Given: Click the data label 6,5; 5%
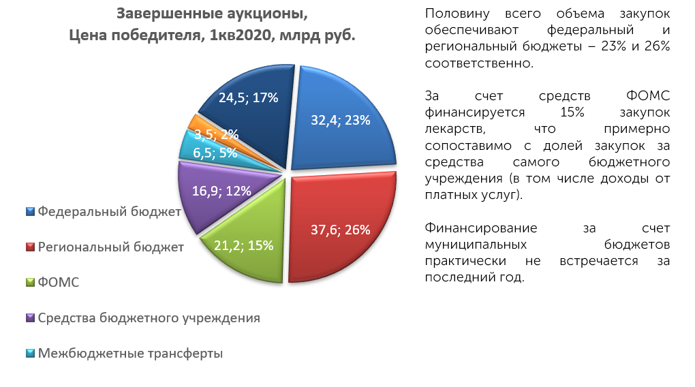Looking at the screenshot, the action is pyautogui.click(x=215, y=153).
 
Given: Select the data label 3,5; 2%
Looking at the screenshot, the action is pyautogui.click(x=216, y=134).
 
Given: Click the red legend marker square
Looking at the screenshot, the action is pyautogui.click(x=30, y=247).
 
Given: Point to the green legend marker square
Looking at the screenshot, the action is pyautogui.click(x=30, y=282).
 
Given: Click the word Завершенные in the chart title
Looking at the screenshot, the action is pyautogui.click(x=169, y=14).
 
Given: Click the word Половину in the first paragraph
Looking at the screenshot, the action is pyautogui.click(x=457, y=14).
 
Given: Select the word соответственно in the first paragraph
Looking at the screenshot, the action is pyautogui.click(x=479, y=63).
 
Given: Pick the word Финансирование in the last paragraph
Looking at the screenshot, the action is pyautogui.click(x=481, y=228).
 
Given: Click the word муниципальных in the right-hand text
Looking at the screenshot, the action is pyautogui.click(x=476, y=245).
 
